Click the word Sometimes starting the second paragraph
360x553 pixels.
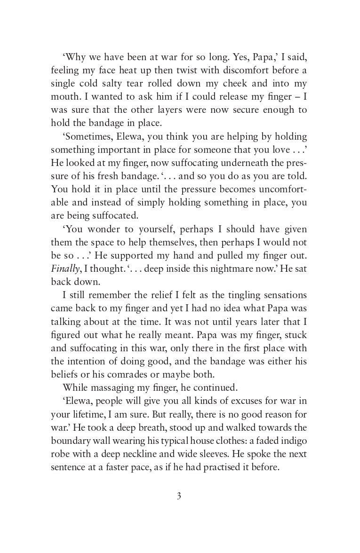click(85, 137)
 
